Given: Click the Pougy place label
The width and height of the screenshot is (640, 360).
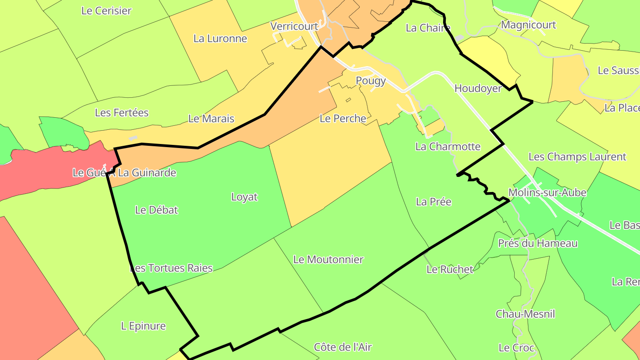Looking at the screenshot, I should [371, 81].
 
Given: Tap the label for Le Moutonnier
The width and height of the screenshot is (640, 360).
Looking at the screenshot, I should [328, 260].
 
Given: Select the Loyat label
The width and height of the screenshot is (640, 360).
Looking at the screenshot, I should [244, 197].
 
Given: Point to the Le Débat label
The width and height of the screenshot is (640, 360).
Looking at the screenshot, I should [156, 210].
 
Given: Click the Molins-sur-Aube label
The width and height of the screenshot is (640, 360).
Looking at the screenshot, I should [547, 192].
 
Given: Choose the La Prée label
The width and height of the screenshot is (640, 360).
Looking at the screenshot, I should [433, 202].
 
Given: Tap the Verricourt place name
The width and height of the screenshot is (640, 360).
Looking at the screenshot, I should [294, 26].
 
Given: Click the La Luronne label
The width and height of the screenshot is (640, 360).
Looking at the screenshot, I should [220, 39].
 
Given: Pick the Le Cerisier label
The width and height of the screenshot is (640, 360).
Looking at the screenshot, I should [106, 11].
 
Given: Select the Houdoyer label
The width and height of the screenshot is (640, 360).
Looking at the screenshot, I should [478, 88].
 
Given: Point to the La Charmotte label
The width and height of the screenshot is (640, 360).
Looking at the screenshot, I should [448, 146].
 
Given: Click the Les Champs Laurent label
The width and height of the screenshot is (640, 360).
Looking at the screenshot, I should [577, 156].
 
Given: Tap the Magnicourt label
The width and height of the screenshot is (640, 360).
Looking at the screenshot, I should [528, 25].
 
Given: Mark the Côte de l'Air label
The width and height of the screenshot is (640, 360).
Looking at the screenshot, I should [343, 347].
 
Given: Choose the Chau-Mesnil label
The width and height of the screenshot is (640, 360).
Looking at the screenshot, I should [525, 314].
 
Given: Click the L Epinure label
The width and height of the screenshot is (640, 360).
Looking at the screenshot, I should [143, 326].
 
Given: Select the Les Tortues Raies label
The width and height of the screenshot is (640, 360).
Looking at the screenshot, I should [171, 268].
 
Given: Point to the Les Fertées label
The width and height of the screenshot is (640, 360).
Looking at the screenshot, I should [122, 113].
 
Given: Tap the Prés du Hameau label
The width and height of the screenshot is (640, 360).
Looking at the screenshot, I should [538, 243].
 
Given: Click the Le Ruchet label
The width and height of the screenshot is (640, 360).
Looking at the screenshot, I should [450, 269].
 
